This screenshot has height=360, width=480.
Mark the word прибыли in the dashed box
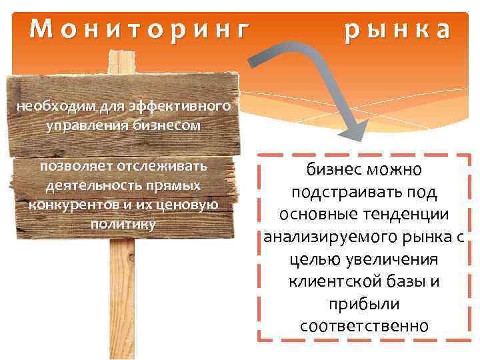point(364,304)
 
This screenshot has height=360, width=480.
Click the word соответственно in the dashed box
point(364,326)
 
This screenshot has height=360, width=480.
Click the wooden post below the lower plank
point(121,293)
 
